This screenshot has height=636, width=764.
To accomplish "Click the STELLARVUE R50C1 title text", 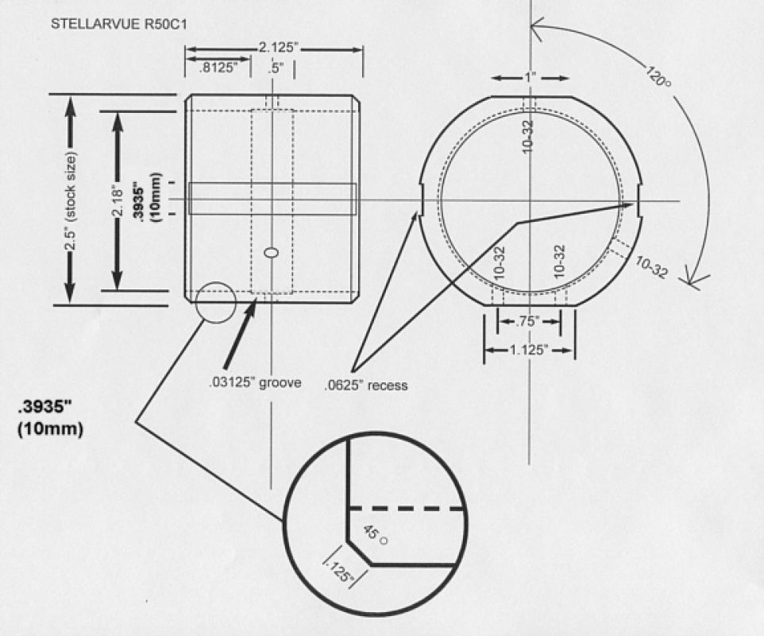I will (118, 24).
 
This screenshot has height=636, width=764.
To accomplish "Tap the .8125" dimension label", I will (218, 68).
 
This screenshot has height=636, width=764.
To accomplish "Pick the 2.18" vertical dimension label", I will (118, 200).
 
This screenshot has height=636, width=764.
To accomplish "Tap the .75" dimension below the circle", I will (529, 321).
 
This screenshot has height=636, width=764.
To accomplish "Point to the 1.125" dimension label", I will (529, 350).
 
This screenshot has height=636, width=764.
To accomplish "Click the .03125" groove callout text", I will (255, 383).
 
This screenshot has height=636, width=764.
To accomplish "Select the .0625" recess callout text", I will (366, 386).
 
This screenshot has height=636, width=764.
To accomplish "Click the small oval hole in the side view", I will (272, 253).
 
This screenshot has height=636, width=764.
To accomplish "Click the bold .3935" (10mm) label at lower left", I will (51, 418).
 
